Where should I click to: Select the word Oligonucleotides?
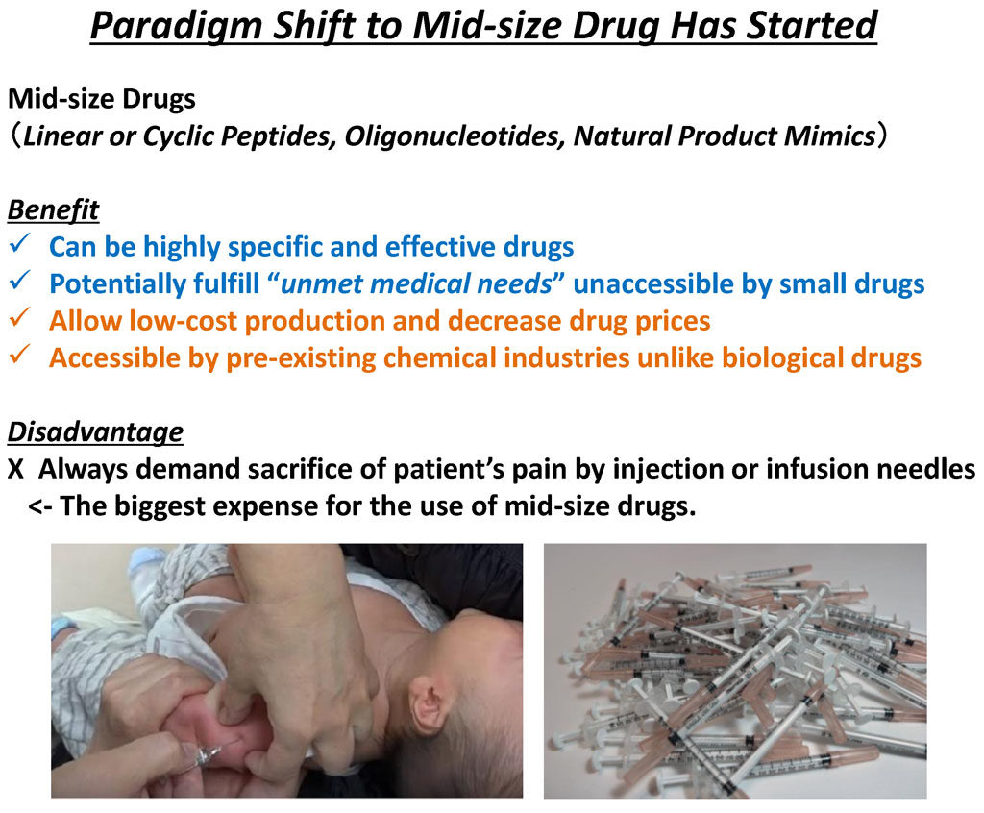[454, 136]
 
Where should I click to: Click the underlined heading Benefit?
[53, 210]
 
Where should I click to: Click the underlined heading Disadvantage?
[95, 432]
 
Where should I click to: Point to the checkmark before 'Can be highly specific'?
[20, 243]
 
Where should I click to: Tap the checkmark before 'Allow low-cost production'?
[20, 318]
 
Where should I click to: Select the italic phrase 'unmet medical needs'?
[416, 283]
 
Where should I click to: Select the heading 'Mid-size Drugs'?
[102, 99]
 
